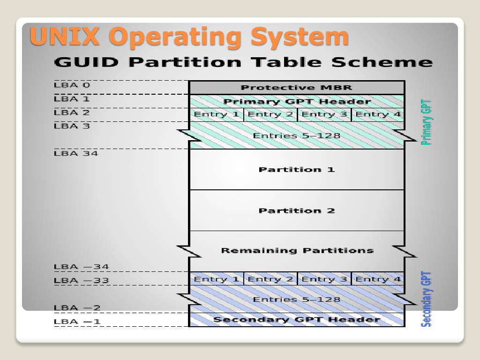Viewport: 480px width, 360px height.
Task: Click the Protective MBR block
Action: (296, 88)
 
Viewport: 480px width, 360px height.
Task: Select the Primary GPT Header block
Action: (296, 102)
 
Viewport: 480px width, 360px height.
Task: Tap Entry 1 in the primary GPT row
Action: (216, 114)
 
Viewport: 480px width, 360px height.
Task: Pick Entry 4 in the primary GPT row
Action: (378, 114)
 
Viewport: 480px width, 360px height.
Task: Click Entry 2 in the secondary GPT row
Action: (270, 279)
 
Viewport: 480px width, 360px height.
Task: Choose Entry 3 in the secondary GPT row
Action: (324, 279)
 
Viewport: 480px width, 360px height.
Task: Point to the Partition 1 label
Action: (296, 170)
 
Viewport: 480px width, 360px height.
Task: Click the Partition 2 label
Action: (296, 211)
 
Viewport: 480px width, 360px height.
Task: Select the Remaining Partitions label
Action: (297, 250)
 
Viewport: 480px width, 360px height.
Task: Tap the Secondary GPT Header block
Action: (296, 320)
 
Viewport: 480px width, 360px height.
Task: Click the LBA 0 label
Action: (71, 85)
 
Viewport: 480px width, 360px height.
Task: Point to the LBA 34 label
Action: (76, 153)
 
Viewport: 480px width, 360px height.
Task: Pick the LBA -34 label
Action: (81, 267)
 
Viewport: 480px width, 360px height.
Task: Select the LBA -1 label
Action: (77, 322)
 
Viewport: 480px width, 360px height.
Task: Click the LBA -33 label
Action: (81, 281)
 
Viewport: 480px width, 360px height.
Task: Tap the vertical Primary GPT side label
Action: (426, 122)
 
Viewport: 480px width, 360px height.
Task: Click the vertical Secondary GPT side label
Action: (426, 299)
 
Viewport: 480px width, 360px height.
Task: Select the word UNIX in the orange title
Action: (65, 37)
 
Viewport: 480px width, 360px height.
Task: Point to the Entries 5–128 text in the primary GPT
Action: (296, 136)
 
